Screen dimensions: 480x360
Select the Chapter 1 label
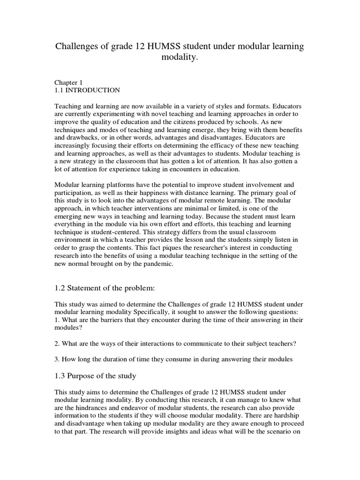coord(69,82)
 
